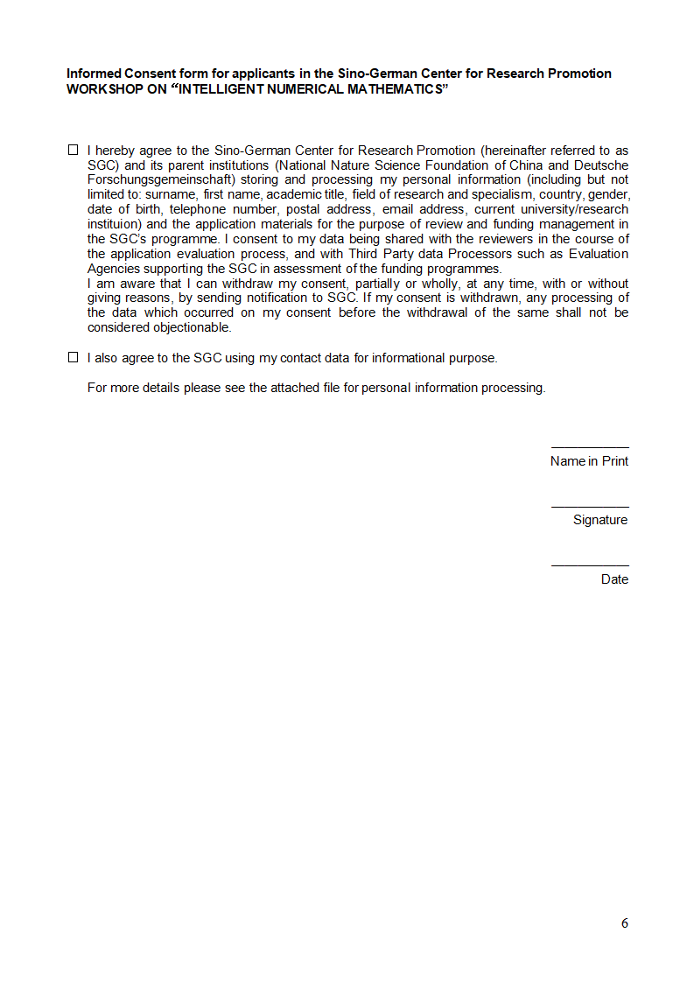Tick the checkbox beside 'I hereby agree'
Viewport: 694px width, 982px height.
tap(74, 151)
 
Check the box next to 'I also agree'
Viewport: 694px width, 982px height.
tap(74, 357)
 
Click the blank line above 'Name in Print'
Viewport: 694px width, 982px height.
tap(589, 447)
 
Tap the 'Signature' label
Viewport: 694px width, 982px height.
tap(600, 520)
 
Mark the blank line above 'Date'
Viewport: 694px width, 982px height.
tap(589, 565)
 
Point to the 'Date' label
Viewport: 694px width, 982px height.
tap(614, 579)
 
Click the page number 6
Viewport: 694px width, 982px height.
tap(625, 923)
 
